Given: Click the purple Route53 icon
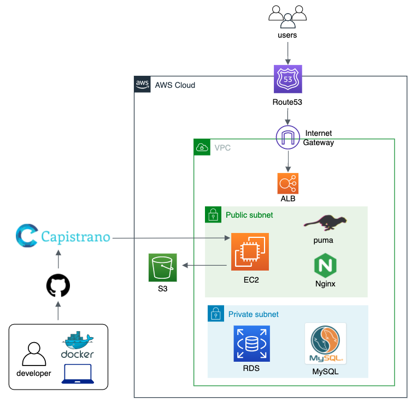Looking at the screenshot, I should (288, 80).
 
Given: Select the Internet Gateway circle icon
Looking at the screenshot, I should (288, 137).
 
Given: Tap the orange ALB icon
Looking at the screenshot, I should (288, 183).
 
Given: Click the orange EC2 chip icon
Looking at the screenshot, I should (250, 252).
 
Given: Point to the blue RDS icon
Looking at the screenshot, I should (251, 344).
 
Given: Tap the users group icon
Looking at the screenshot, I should (287, 15).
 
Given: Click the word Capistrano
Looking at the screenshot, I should (76, 238).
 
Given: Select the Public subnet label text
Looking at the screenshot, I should (249, 215).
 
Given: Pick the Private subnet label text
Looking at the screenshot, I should (253, 314).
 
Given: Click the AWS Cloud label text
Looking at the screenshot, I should (175, 85).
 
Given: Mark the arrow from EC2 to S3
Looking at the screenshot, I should (205, 266).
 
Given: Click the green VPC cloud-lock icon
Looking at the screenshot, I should (202, 147).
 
